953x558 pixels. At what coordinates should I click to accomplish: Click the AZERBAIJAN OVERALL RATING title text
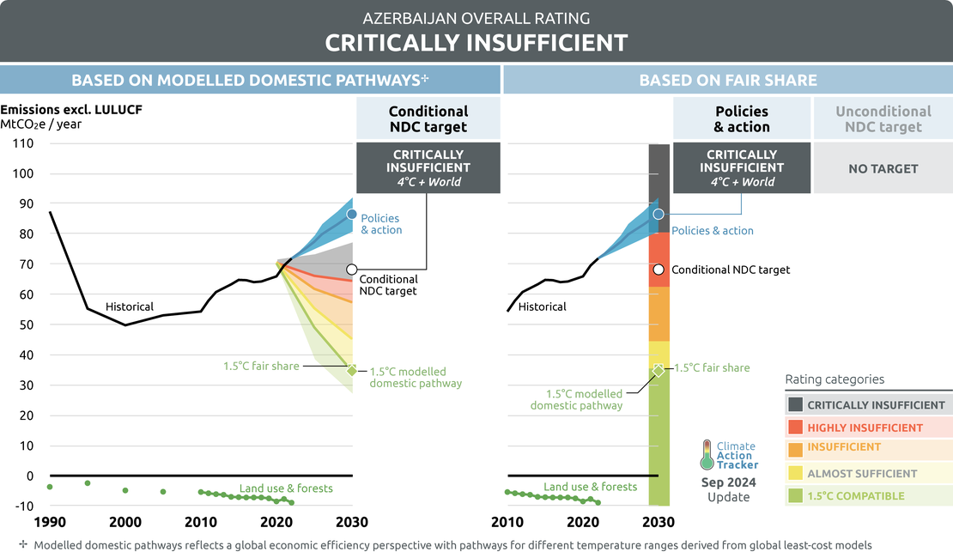476,17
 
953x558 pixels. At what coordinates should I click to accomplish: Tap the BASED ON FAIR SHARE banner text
728,81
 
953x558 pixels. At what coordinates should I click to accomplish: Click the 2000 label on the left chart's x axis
125,522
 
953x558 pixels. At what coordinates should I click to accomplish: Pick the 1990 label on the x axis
50,522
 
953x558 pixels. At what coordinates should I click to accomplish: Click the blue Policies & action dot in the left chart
352,214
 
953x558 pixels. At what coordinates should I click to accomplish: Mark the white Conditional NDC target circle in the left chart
352,270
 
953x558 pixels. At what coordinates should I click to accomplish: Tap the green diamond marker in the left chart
352,371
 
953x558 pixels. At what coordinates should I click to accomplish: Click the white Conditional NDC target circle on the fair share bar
659,270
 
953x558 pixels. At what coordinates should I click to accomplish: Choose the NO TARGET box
883,169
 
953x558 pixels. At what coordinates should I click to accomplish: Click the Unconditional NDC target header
883,119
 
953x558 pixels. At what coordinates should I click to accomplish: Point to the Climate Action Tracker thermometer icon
707,455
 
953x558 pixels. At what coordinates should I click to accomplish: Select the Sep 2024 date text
728,482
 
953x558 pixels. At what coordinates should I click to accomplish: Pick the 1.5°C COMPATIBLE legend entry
856,496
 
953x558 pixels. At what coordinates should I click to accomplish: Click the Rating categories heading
835,379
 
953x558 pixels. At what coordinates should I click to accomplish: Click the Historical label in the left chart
130,306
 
